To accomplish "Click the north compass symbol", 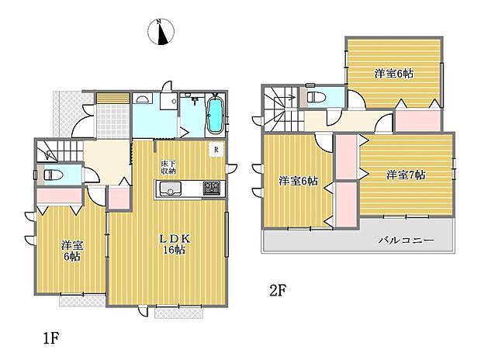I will [x=161, y=32].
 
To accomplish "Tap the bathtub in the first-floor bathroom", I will [x=215, y=116].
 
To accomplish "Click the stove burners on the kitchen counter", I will [x=211, y=189].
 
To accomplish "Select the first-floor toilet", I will [x=50, y=175].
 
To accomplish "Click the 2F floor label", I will [x=278, y=292].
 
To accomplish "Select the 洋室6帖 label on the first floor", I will [x=72, y=251].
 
